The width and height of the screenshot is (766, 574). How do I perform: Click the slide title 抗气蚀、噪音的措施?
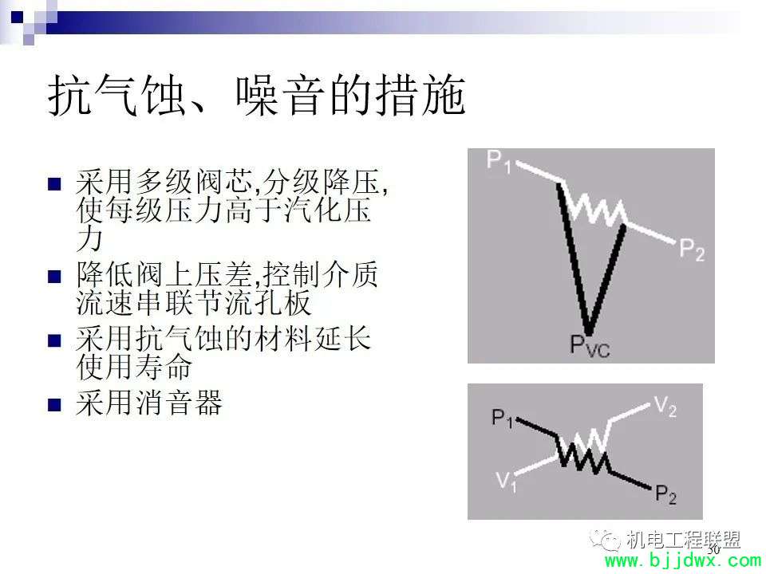click(x=256, y=95)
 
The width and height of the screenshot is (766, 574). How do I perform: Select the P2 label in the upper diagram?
click(x=692, y=250)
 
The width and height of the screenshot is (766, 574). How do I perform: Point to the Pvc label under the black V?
click(x=590, y=345)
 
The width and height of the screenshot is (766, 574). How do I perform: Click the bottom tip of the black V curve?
click(x=589, y=332)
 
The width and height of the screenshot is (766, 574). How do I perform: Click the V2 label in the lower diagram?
click(x=665, y=406)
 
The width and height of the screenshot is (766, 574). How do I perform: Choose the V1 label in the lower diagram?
click(x=507, y=481)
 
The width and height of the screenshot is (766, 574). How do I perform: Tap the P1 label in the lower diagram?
click(x=502, y=419)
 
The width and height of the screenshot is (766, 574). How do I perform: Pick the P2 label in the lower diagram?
click(x=665, y=494)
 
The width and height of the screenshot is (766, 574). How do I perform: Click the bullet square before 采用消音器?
click(x=54, y=405)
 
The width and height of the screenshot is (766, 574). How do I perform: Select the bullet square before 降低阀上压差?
click(x=54, y=277)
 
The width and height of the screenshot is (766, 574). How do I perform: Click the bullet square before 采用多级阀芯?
click(x=54, y=183)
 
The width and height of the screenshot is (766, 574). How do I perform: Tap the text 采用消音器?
click(x=149, y=403)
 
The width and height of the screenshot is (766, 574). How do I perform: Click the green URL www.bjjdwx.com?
click(x=683, y=561)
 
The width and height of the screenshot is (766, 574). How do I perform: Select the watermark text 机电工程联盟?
click(x=683, y=540)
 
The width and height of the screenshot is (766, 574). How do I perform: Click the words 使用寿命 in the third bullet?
click(x=134, y=368)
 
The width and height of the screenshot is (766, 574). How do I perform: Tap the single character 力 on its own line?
click(x=90, y=239)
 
